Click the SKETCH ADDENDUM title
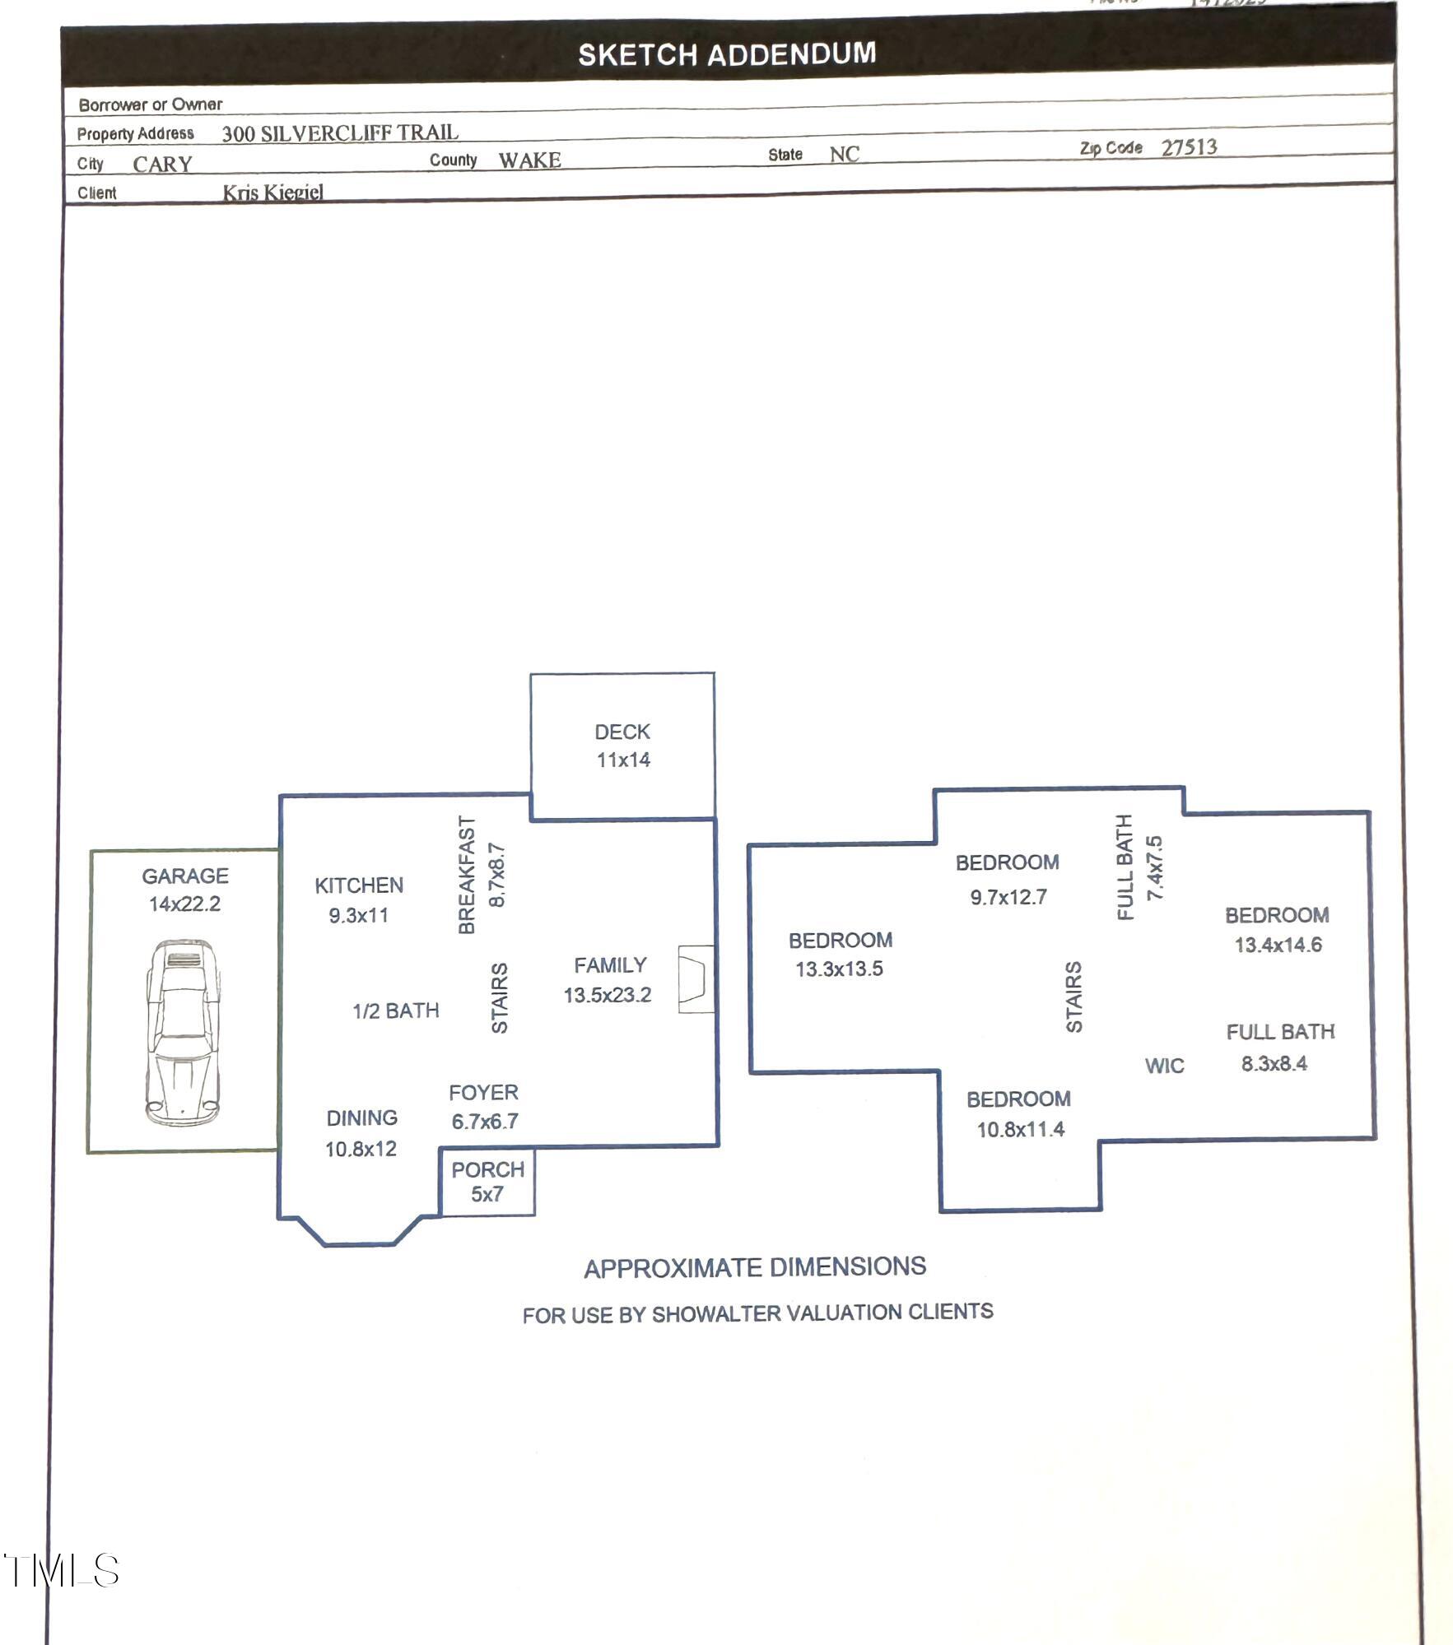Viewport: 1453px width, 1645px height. click(727, 54)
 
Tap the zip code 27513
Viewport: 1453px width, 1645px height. click(1189, 147)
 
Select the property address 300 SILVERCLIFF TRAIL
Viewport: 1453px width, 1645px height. click(340, 132)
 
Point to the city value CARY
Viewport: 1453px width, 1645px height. click(162, 164)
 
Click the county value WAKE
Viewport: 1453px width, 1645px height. click(529, 160)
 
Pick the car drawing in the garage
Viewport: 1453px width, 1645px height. click(183, 1033)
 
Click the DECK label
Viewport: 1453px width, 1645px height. click(622, 732)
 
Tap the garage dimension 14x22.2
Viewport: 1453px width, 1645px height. click(184, 904)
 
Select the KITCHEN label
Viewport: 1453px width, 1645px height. click(359, 885)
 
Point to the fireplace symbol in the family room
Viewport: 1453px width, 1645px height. click(695, 979)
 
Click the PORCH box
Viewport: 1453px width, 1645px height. click(487, 1182)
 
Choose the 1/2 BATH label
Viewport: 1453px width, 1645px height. click(396, 1011)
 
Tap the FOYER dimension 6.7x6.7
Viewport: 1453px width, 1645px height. click(485, 1121)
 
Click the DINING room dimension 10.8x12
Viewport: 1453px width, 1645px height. click(361, 1149)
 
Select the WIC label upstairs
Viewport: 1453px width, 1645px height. click(1164, 1066)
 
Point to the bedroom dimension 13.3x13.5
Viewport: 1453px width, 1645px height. click(839, 969)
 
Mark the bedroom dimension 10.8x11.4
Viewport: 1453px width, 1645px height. click(1020, 1129)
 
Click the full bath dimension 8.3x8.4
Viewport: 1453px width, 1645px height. click(1274, 1063)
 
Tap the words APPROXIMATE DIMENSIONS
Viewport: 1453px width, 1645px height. click(755, 1267)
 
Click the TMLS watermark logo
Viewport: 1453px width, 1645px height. click(62, 1571)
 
